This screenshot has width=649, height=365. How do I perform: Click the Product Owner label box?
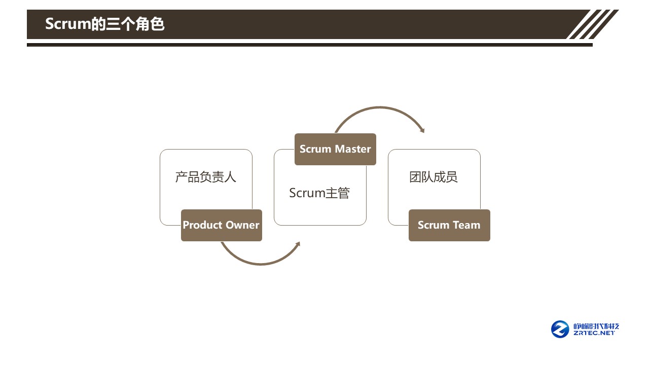[x=222, y=225]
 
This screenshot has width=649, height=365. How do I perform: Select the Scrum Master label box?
[x=335, y=149]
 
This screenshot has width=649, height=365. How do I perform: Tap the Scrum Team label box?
[x=449, y=225]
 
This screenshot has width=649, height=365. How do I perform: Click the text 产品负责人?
[x=206, y=177]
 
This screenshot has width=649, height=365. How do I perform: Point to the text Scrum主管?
[x=319, y=193]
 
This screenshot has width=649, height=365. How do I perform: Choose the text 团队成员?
[x=434, y=177]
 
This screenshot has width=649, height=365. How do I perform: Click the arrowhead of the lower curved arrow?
[x=298, y=244]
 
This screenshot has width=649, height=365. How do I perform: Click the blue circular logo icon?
[x=560, y=329]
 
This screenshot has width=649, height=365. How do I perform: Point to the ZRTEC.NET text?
[x=594, y=333]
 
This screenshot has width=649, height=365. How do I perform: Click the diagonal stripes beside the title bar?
[x=593, y=24]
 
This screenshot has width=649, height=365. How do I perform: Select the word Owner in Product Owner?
[x=242, y=225]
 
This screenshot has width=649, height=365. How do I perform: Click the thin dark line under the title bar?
[x=309, y=45]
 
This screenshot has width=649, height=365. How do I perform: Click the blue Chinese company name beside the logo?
[x=596, y=326]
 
